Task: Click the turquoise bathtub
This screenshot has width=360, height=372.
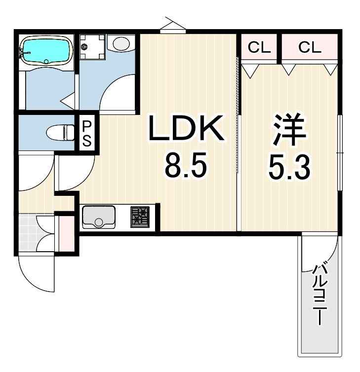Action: click(x=46, y=51)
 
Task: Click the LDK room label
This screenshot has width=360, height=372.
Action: click(x=186, y=128)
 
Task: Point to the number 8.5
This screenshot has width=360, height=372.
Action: click(x=186, y=166)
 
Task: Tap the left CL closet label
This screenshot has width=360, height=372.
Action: click(x=259, y=47)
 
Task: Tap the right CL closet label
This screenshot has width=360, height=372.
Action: click(x=310, y=47)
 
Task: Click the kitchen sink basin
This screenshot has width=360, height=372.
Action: click(x=99, y=217)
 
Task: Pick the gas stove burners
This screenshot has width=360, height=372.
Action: click(x=140, y=217)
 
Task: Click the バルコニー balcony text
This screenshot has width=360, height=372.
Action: click(x=320, y=295)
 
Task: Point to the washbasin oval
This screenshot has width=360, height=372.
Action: click(x=121, y=43)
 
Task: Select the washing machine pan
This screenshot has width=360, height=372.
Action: click(x=92, y=47)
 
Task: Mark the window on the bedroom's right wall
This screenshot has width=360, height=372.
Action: click(x=340, y=152)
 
